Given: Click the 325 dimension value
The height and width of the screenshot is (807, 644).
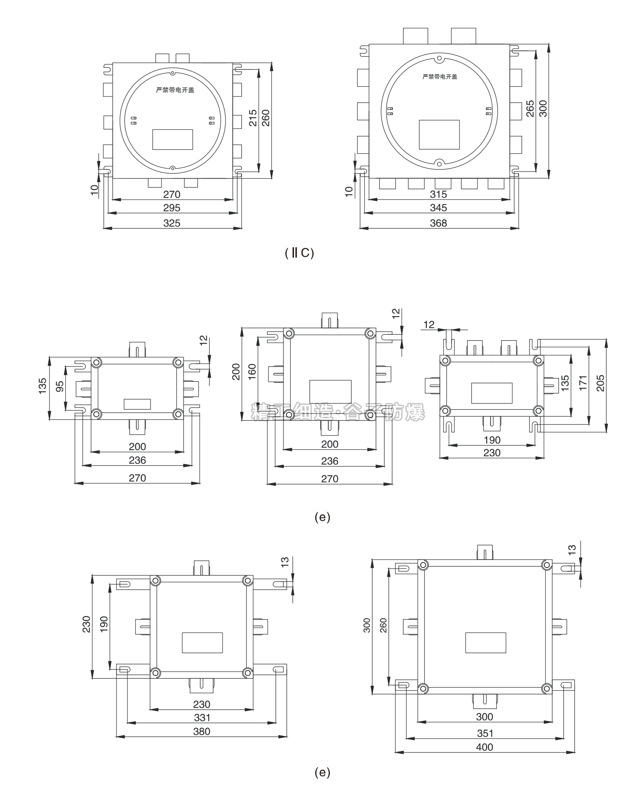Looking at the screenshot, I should click(171, 223).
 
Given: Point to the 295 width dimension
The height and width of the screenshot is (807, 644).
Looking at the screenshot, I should click(171, 208).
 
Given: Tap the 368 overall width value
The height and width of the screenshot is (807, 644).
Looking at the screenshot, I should click(439, 223).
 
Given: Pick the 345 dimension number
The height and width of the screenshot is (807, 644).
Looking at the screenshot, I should click(439, 208).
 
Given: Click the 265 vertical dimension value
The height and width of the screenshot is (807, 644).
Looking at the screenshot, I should click(530, 108).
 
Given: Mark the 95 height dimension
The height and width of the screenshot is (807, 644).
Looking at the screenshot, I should click(60, 386).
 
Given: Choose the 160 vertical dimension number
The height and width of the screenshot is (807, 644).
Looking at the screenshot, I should click(252, 372).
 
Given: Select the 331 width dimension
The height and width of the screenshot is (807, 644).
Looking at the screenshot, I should click(202, 718).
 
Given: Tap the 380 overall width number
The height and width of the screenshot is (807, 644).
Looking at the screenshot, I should click(202, 732).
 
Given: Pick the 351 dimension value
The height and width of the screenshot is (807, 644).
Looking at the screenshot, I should click(485, 733).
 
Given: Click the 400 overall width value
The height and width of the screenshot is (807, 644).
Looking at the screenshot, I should click(485, 747).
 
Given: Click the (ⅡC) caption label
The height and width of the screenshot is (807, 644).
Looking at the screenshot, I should click(299, 253).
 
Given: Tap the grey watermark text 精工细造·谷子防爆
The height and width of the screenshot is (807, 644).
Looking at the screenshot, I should click(338, 412).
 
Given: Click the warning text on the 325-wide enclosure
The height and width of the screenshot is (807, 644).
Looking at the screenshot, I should click(175, 90).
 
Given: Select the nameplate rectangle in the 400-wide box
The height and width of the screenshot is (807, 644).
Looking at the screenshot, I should click(486, 643).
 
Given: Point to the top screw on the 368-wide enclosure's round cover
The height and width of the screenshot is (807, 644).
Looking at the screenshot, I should click(439, 59).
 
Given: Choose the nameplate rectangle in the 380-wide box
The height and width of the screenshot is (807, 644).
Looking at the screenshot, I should click(202, 643).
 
